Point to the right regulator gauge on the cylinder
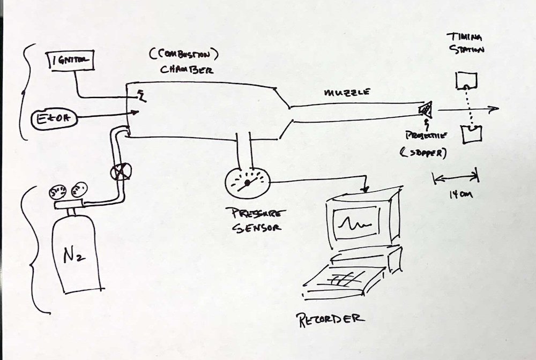(x=79, y=189)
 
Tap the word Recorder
(x=331, y=318)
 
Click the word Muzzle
(x=347, y=92)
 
